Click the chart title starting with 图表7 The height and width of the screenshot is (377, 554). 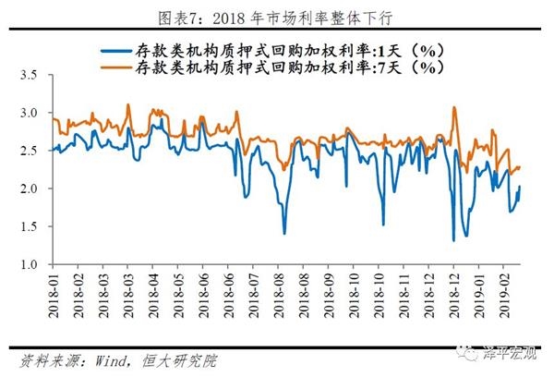(x=276, y=13)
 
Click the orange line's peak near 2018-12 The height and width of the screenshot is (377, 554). (x=454, y=107)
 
